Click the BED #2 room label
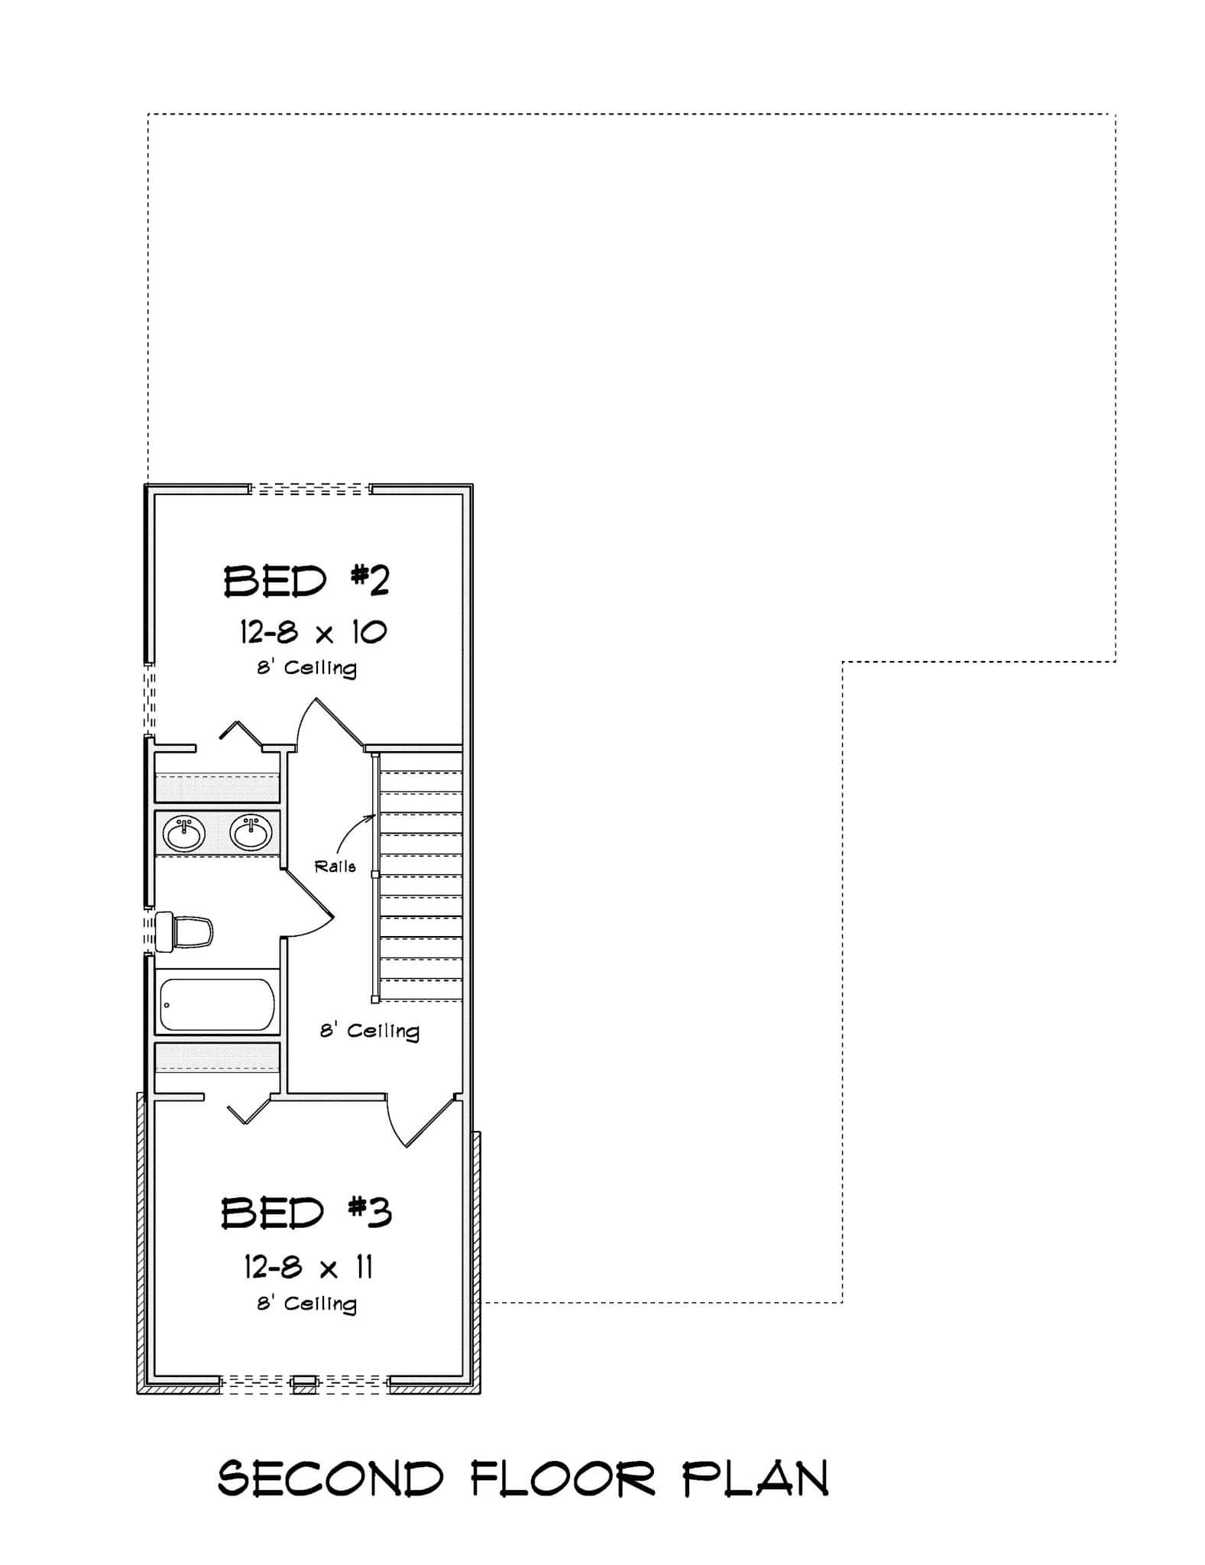point(306,582)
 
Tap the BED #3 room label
point(306,1213)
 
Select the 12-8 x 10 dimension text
point(313,632)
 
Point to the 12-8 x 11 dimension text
point(309,1268)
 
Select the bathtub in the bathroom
point(217,1006)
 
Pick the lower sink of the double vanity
point(251,832)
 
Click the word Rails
point(335,867)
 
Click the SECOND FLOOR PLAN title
point(523,1479)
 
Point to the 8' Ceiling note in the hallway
point(370,1031)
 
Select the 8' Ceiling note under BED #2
point(306,668)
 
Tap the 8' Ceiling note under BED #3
point(306,1303)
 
